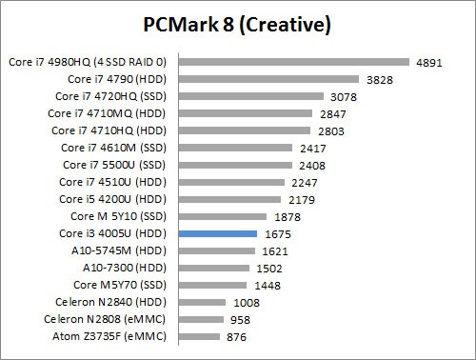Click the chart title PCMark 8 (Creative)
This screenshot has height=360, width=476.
[237, 23]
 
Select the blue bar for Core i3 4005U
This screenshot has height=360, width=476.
[218, 233]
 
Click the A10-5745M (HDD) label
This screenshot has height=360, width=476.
[122, 250]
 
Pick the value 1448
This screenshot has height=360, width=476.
[268, 285]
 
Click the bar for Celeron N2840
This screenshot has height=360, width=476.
[203, 302]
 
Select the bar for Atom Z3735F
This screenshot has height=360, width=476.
[199, 336]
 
